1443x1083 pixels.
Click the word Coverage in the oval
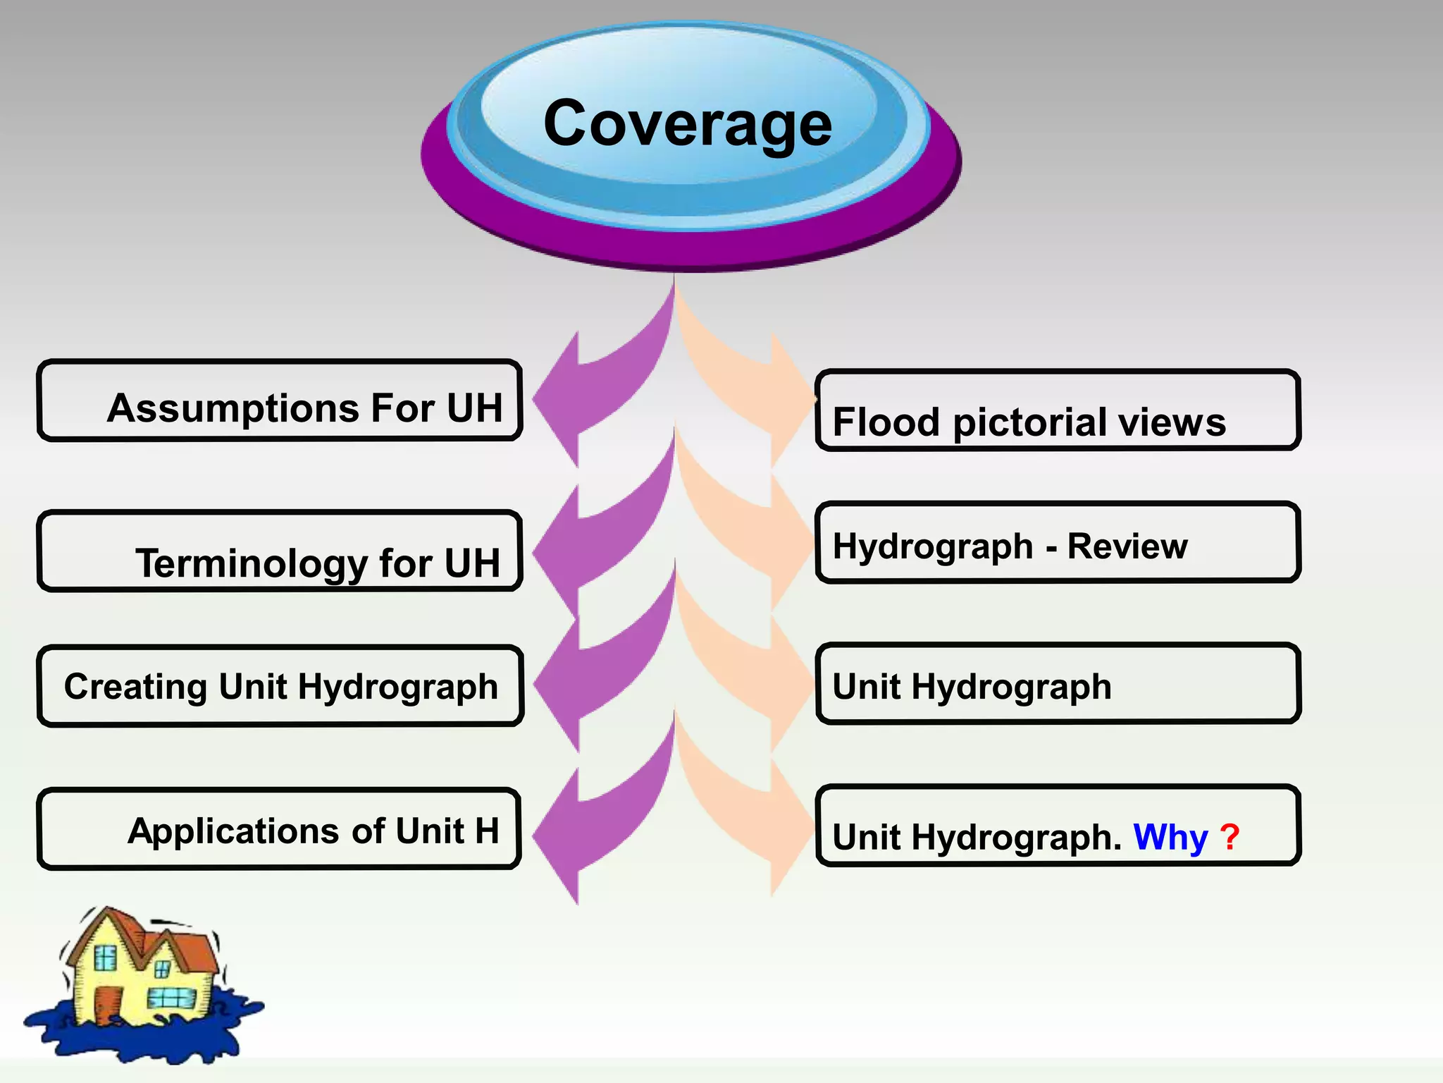[x=688, y=124]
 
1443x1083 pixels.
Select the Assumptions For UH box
[x=280, y=400]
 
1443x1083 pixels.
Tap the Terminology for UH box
[x=280, y=551]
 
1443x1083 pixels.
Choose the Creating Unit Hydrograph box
[x=280, y=686]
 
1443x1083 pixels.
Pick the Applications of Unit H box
[x=280, y=829]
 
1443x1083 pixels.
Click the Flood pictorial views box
[x=1057, y=410]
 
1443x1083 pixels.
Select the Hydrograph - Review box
[x=1057, y=543]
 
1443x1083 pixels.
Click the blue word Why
[x=1170, y=838]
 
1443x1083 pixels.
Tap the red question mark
[x=1230, y=838]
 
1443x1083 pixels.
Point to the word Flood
[x=886, y=422]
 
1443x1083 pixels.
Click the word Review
[x=1127, y=546]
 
